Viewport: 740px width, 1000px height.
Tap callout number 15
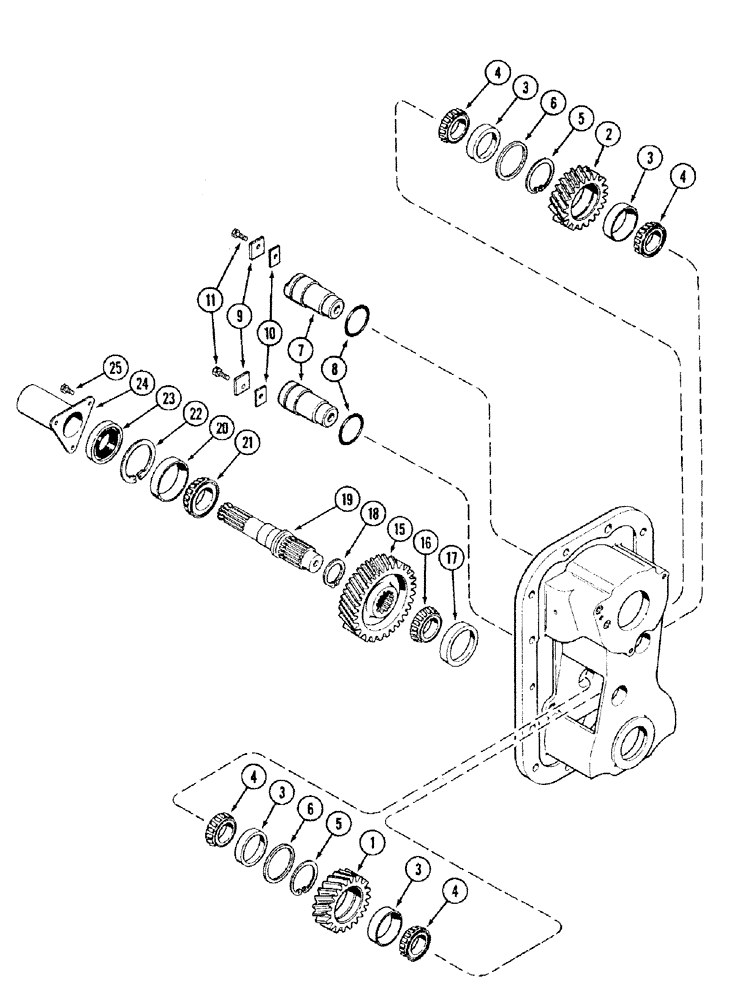click(x=399, y=525)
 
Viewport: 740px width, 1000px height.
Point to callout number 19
click(x=346, y=497)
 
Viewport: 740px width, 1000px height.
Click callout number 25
click(x=116, y=369)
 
